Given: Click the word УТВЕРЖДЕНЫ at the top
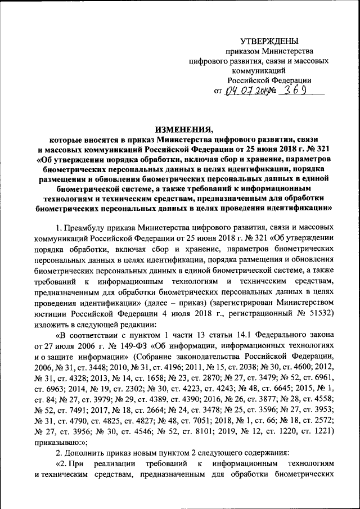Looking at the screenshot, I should click(269, 40).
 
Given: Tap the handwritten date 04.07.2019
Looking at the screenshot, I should click(247, 91).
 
